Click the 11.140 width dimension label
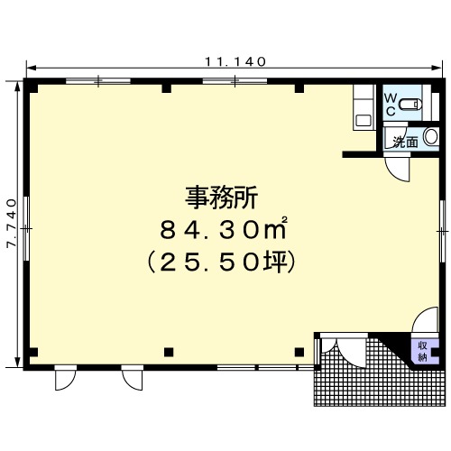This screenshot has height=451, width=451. pyautogui.click(x=235, y=61)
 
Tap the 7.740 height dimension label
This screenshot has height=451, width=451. pyautogui.click(x=12, y=223)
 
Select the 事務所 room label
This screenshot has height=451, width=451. pyautogui.click(x=221, y=198)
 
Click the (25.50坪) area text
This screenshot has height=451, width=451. pyautogui.click(x=221, y=262)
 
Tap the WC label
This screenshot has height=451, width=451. pyautogui.click(x=391, y=105)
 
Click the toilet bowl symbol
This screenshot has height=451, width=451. pyautogui.click(x=410, y=105)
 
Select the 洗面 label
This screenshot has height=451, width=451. pyautogui.click(x=406, y=142)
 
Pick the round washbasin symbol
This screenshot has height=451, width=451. pyautogui.click(x=431, y=137)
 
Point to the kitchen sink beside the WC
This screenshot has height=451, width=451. pyautogui.click(x=364, y=121)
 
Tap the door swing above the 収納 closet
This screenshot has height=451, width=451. pyautogui.click(x=425, y=320)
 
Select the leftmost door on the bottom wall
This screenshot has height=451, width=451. pyautogui.click(x=65, y=378)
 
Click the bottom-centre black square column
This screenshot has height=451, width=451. pyautogui.click(x=169, y=352)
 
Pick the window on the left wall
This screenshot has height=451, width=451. pyautogui.click(x=26, y=228)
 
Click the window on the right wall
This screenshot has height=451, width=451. pyautogui.click(x=442, y=231)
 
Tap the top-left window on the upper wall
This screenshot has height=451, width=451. pyautogui.click(x=98, y=80)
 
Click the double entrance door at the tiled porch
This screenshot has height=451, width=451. pyautogui.click(x=344, y=350)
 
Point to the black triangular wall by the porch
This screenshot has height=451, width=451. pyautogui.click(x=394, y=345)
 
